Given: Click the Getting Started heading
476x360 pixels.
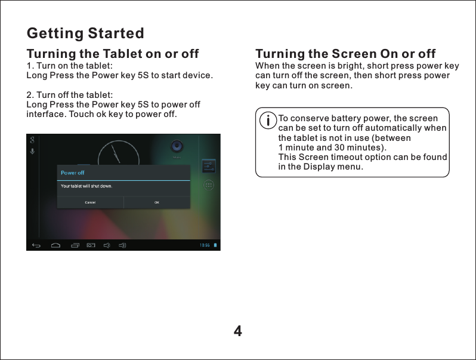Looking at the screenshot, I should coord(85,32).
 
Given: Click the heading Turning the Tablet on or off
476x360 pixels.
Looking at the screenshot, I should coord(113,54).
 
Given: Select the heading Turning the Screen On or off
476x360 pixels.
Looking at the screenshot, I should coord(345,54).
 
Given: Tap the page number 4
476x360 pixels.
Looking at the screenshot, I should coord(238,331).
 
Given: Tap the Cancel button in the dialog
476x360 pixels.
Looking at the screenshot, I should coord(90,202).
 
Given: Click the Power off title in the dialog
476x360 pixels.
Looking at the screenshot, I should coord(73,173).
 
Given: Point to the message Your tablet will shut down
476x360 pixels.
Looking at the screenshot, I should coord(87,186).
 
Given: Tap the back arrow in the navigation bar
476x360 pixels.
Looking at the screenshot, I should coord(36,245).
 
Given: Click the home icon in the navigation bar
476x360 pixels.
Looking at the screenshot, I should coord(55,245).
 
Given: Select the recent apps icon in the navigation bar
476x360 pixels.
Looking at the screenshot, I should coord(75,245).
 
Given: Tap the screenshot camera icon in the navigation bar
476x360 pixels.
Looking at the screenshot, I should coord(91,245).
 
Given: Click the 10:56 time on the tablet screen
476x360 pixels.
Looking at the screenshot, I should coord(204,245).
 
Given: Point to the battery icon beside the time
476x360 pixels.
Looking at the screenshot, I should coord(216,245).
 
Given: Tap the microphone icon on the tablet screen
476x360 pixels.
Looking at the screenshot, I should coord(32,152).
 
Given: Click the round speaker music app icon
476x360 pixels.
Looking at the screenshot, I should coord(177,146).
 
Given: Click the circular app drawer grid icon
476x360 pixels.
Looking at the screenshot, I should coord(209,185).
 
